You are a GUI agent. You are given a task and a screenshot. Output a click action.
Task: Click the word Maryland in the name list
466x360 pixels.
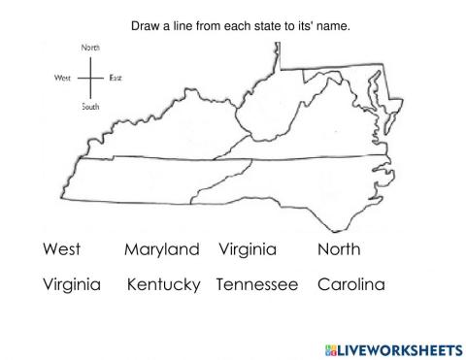(161, 250)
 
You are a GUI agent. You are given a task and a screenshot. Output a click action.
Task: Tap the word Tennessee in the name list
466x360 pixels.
(257, 286)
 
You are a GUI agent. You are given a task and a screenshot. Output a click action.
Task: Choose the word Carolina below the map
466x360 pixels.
(350, 286)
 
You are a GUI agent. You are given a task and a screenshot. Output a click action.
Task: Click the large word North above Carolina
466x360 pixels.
(339, 250)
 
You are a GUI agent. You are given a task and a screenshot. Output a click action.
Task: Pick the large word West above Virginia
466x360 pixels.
(62, 250)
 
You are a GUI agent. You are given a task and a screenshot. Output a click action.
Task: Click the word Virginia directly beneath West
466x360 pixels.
(72, 286)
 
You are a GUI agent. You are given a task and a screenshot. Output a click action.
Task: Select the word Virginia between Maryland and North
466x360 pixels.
(248, 250)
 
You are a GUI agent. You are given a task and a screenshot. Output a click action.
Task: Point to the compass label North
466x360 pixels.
(90, 46)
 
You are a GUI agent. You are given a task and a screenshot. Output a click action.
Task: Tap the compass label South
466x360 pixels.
(90, 107)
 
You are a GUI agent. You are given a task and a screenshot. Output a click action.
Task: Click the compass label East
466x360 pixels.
(116, 76)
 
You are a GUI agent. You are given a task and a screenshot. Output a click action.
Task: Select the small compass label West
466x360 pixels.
(66, 76)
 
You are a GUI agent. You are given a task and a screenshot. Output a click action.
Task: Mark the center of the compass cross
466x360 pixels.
(90, 76)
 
